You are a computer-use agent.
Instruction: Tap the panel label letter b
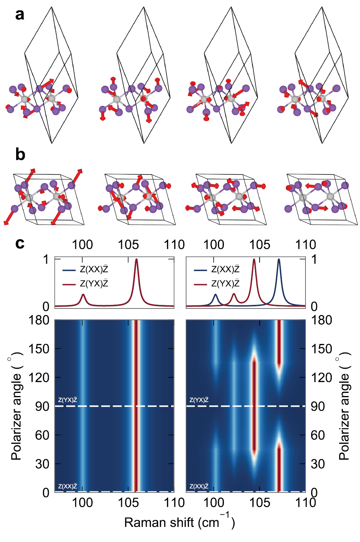coord(20,154)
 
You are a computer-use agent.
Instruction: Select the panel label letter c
coord(20,243)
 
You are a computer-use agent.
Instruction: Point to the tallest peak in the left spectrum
coord(136,259)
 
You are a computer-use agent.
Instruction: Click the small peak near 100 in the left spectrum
coord(83,294)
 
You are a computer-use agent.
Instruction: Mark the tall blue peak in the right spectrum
coord(279,259)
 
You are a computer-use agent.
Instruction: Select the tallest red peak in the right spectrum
coord(254,259)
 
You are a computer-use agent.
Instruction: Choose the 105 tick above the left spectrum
coord(128,245)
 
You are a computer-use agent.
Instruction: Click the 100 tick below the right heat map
coord(214,503)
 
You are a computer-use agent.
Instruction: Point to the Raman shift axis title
coord(179,522)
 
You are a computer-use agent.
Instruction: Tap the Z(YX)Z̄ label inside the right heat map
coord(199,400)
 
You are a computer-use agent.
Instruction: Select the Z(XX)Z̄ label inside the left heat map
coord(68,486)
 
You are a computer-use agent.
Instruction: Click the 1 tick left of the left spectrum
coord(46,259)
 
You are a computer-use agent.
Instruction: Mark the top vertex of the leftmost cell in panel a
coord(52,7)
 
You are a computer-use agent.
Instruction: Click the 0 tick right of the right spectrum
coord(314,306)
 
